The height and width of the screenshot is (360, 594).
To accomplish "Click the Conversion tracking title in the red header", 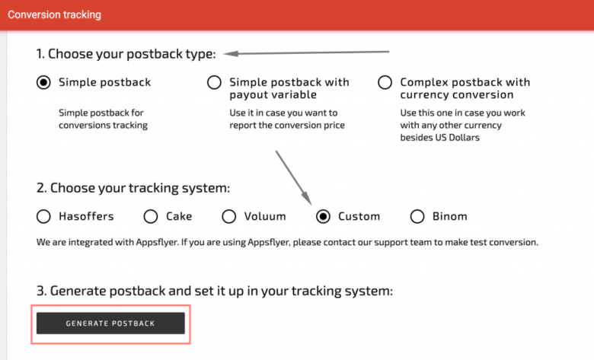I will coord(54,14).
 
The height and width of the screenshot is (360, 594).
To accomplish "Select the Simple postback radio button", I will coord(43,82).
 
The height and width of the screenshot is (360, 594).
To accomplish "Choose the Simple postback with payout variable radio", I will coord(214,82).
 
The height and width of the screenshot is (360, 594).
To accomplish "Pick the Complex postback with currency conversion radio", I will coord(385,82).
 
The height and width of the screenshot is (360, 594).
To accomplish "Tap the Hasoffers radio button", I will coord(43,216).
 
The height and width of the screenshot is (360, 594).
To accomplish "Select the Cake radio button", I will coord(151,216).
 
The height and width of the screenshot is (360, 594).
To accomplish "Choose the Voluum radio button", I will coord(228,216).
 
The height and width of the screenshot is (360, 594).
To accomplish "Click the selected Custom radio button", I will coord(323,216).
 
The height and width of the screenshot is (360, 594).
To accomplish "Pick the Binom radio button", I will coord(417,216).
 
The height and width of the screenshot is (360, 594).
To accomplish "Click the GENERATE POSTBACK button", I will coord(110,323).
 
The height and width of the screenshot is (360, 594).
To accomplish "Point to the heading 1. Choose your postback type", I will coord(126,54).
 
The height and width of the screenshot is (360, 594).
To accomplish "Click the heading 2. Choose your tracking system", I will coord(133,188).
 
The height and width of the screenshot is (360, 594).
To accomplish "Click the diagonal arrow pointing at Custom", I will coord(293,177).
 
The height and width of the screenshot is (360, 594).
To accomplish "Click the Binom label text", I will coord(449,216).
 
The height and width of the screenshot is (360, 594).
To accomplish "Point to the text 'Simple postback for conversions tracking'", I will coord(103,119).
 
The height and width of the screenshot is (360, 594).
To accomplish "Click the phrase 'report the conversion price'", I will coord(287,126).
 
